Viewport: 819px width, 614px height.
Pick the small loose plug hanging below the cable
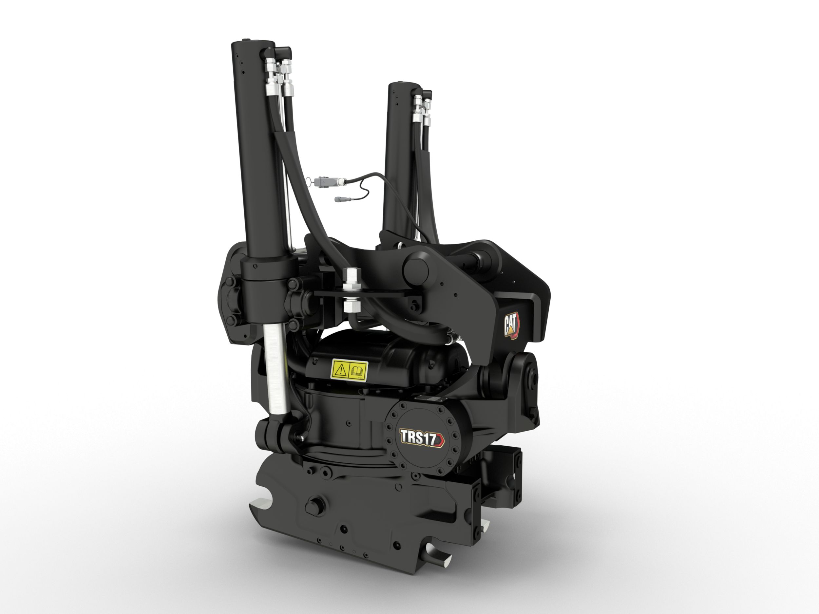pyautogui.click(x=340, y=199)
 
